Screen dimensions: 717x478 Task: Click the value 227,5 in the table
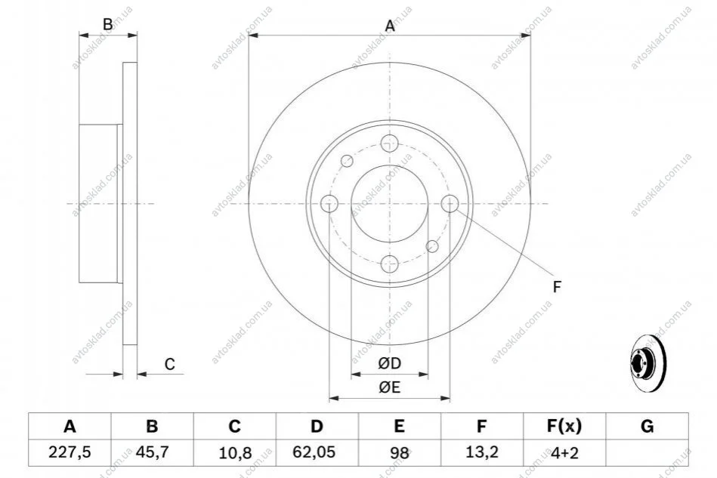click(x=70, y=452)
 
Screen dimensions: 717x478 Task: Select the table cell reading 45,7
click(x=152, y=452)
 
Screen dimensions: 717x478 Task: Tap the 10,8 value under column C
click(x=234, y=453)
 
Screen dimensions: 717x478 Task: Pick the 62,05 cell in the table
click(x=317, y=452)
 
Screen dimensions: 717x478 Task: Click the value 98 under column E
click(x=399, y=453)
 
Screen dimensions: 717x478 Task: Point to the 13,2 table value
click(x=481, y=453)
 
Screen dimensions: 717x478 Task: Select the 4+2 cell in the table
click(x=564, y=453)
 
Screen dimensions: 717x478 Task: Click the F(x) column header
click(x=564, y=427)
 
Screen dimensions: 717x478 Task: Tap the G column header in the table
click(x=647, y=427)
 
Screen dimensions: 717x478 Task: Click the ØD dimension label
click(x=390, y=364)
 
